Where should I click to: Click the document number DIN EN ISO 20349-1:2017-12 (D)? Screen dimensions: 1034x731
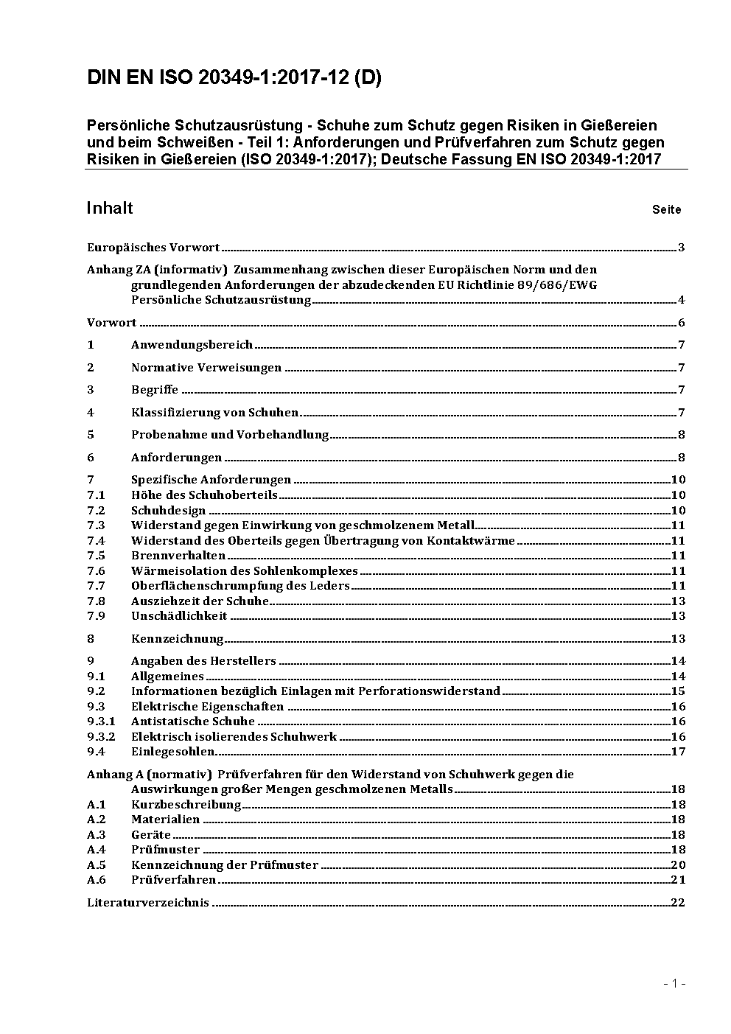234,78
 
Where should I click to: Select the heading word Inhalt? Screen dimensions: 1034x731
110,208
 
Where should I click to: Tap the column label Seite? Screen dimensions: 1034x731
666,210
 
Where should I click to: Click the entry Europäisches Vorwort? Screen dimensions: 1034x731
153,248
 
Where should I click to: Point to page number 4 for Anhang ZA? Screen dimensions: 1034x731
681,300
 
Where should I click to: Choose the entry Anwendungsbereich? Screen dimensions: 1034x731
192,345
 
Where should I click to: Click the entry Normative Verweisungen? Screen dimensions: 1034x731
206,368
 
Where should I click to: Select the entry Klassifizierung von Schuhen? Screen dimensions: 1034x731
214,413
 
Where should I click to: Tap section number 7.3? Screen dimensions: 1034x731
96,525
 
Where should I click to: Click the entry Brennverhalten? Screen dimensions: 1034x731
178,556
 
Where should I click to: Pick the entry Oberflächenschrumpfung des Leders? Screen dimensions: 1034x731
240,586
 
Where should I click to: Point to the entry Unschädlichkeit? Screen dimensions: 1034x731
179,616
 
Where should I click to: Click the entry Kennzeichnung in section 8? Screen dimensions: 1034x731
177,639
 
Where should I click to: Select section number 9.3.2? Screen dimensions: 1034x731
101,736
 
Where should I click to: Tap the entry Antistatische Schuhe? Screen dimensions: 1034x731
192,722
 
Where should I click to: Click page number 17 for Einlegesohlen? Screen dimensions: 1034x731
678,752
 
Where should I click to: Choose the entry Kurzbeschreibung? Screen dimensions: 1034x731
186,805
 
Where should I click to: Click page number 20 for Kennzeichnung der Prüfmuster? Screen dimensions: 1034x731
678,865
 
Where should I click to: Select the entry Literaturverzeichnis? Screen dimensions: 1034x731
148,903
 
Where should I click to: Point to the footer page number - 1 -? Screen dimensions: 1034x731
674,983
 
